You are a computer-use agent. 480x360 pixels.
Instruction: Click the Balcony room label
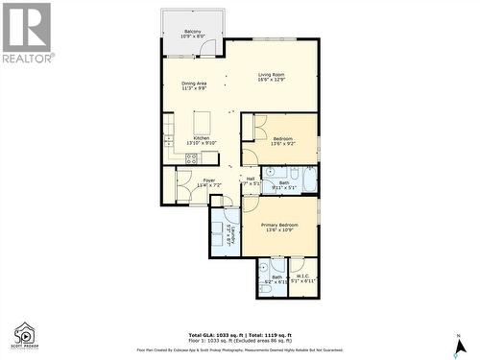click(x=192, y=35)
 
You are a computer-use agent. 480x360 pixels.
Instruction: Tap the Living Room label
click(x=272, y=77)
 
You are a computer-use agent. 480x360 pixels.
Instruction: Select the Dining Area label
click(x=195, y=85)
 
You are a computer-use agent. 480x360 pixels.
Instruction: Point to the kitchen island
click(x=203, y=123)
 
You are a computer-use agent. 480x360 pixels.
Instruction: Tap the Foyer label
click(x=208, y=181)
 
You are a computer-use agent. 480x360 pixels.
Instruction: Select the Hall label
click(x=250, y=180)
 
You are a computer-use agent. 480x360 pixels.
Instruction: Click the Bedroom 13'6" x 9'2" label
click(x=283, y=141)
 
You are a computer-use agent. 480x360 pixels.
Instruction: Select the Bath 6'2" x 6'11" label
click(x=276, y=279)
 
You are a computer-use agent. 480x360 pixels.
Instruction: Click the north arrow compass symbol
click(x=460, y=343)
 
